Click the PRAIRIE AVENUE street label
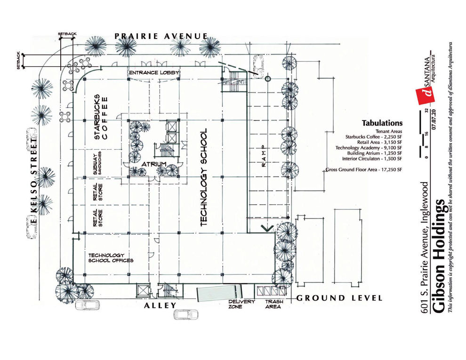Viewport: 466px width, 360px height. (161, 36)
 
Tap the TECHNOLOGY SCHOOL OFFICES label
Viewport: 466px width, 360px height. (111, 257)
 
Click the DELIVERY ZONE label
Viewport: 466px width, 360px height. (242, 304)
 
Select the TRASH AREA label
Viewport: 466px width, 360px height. (273, 304)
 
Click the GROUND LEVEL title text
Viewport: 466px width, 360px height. (339, 298)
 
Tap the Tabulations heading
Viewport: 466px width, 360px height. (382, 123)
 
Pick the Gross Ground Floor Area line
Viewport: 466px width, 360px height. (364, 169)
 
